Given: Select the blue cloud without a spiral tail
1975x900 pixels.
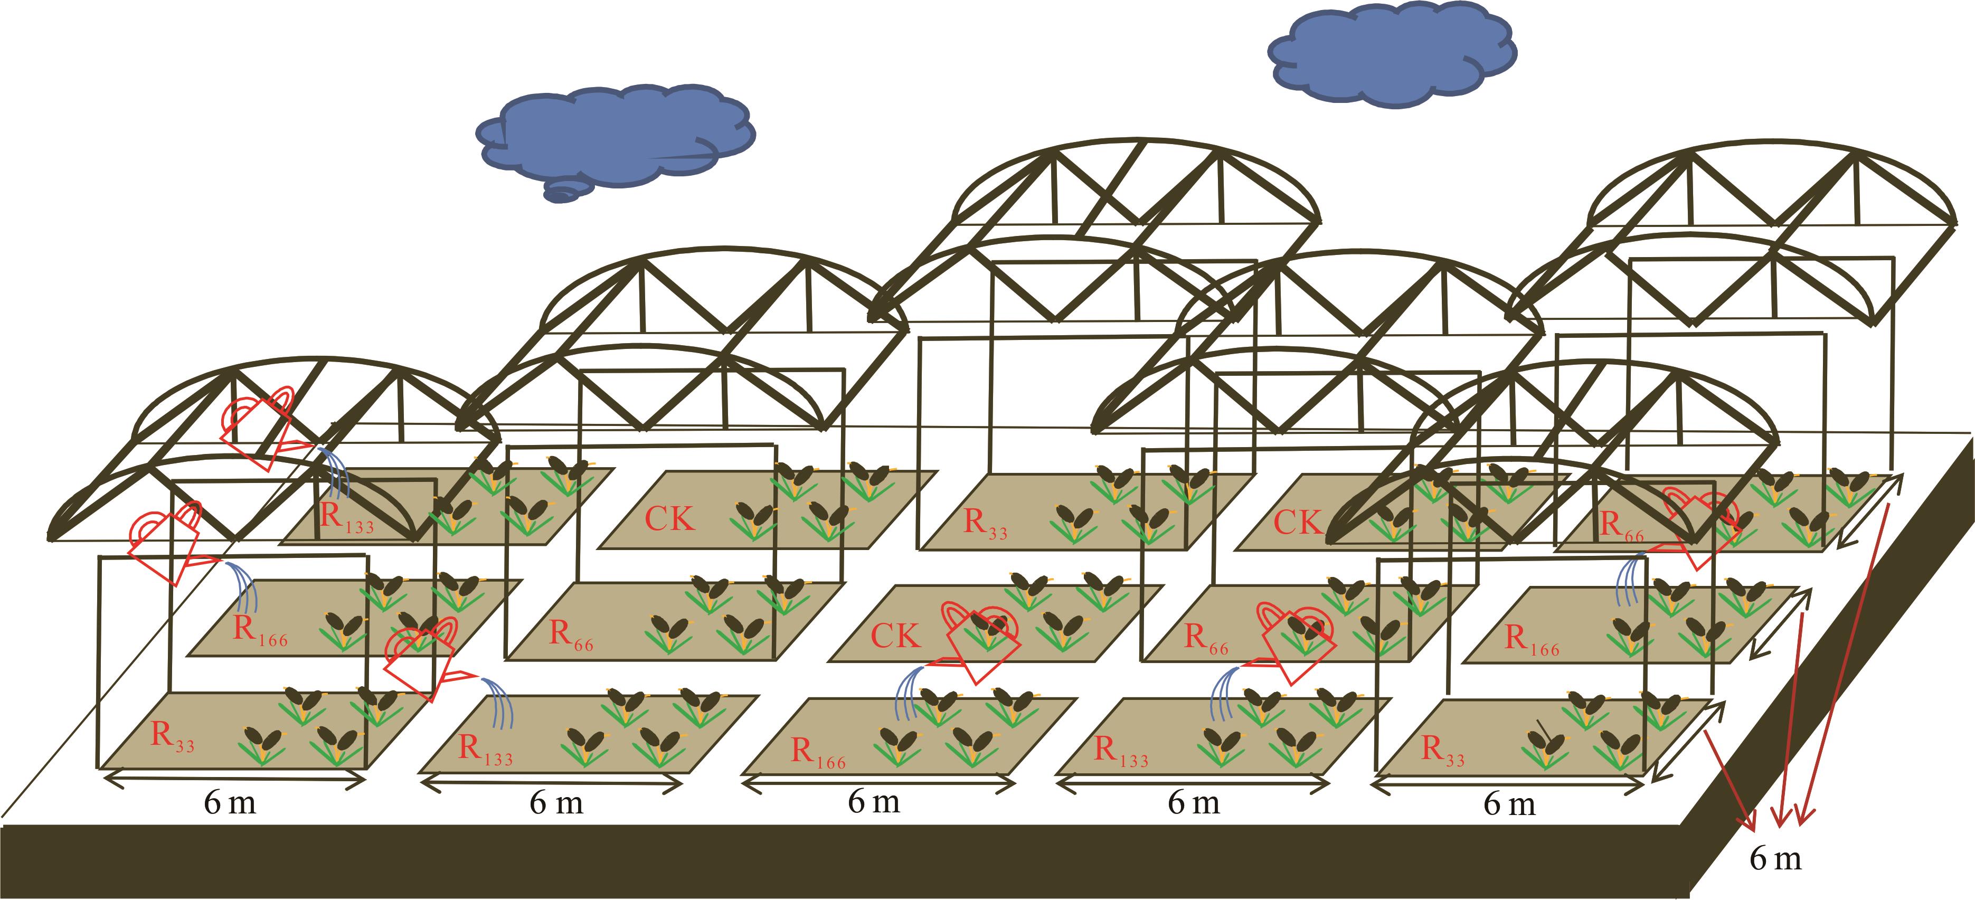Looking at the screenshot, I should pos(1392,58).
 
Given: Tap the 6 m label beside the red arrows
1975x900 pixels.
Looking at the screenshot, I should pos(1775,859).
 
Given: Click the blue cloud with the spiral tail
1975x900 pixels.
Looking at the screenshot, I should pos(613,138).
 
